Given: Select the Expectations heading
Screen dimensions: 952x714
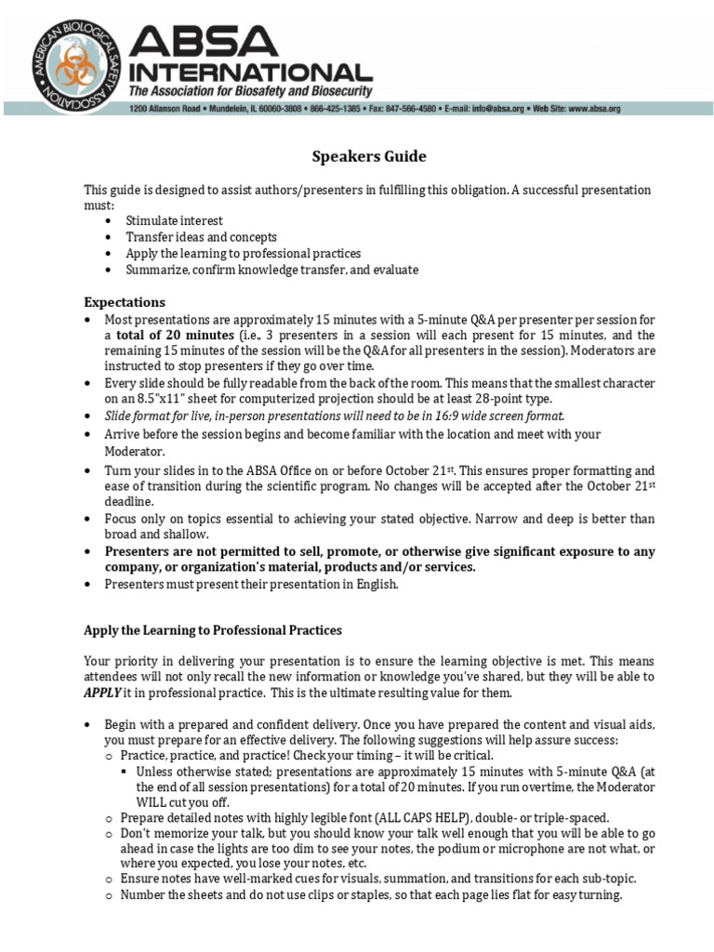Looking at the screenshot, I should [x=125, y=302].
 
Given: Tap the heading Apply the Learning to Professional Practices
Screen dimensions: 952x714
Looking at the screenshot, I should [x=213, y=630].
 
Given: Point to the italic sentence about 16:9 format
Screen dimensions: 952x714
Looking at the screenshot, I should [x=335, y=416].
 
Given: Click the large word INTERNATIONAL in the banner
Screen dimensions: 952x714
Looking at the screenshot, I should [x=251, y=72].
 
